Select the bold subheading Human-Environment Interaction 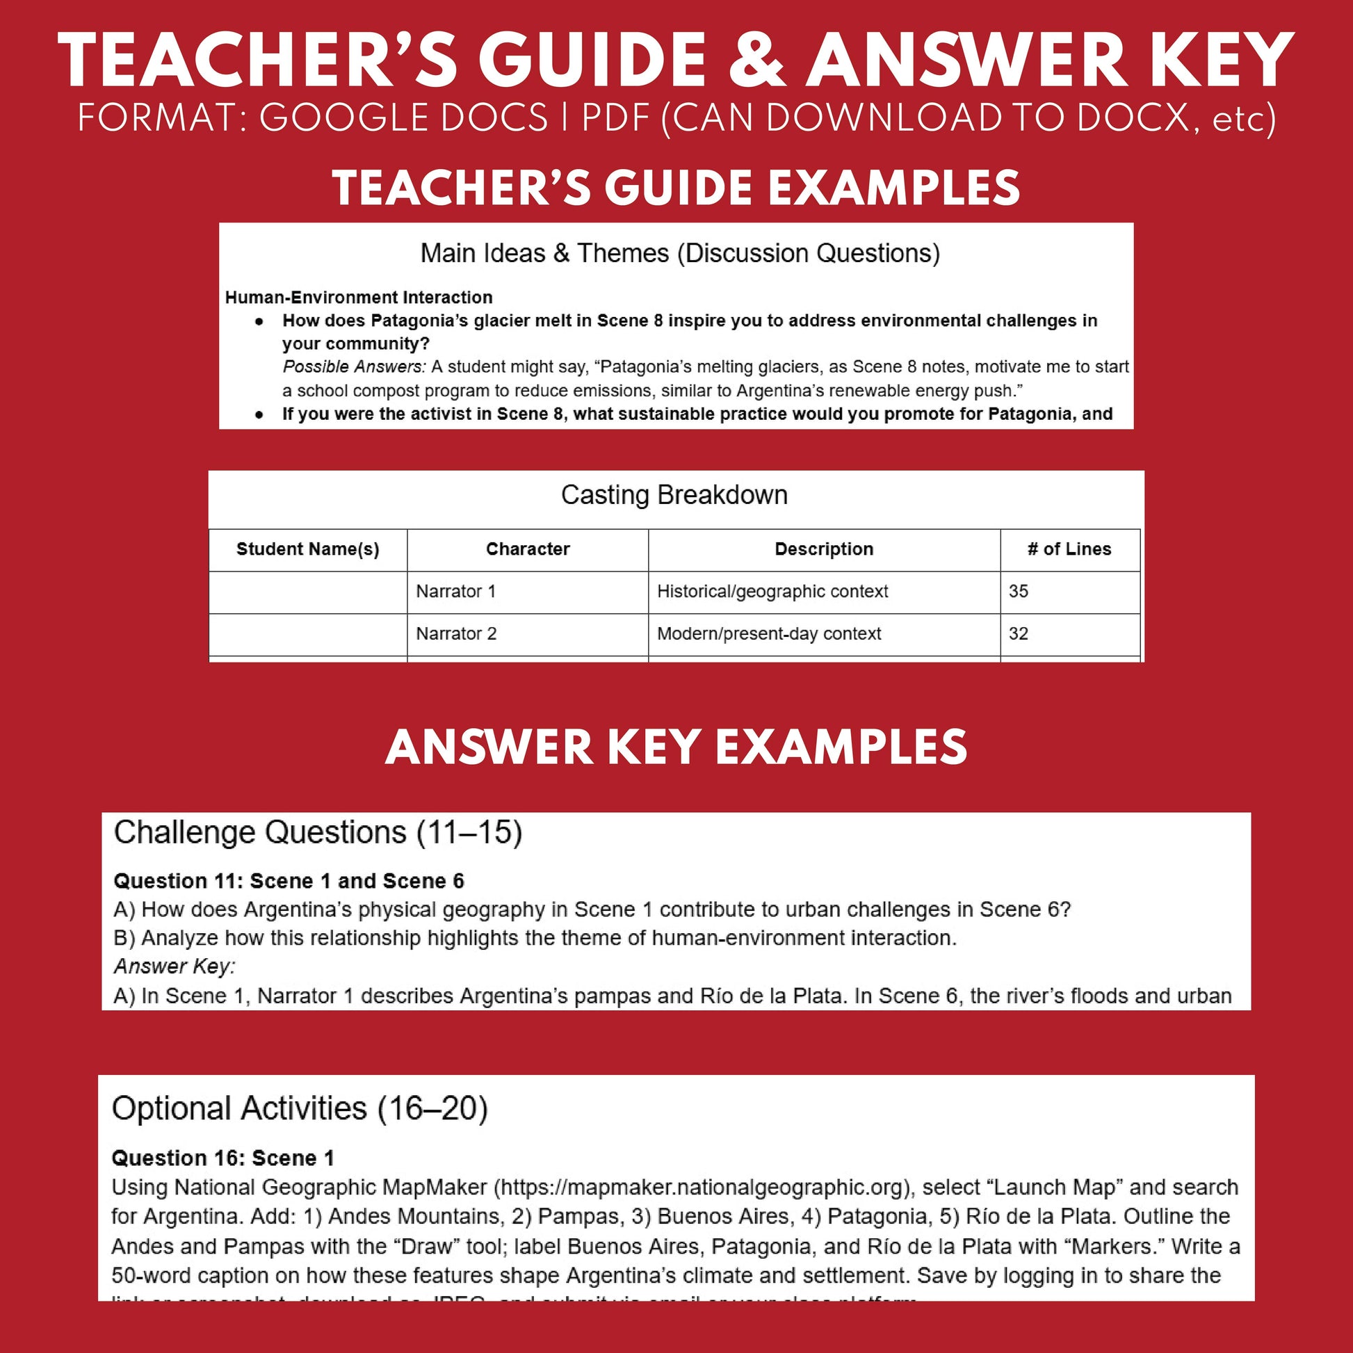tap(359, 297)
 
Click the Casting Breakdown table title tap(674, 494)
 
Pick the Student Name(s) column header tap(307, 549)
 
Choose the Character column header tap(527, 549)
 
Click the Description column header tap(824, 549)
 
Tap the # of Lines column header tap(1069, 549)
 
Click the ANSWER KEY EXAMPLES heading tap(676, 747)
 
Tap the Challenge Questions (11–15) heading tap(318, 833)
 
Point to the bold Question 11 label tap(288, 880)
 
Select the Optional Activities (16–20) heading tap(299, 1108)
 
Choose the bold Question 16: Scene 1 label tap(222, 1158)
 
